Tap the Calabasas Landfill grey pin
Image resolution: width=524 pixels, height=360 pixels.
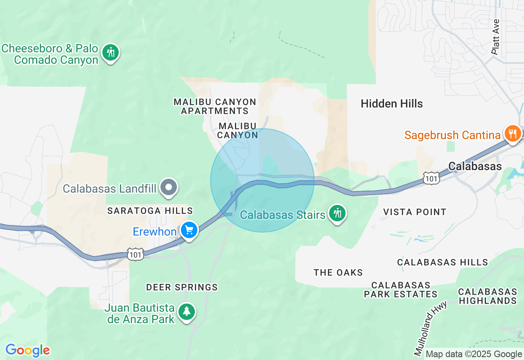pyautogui.click(x=169, y=188)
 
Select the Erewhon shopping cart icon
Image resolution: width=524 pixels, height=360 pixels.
pyautogui.click(x=189, y=230)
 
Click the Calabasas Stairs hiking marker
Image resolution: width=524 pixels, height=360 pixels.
pyautogui.click(x=337, y=213)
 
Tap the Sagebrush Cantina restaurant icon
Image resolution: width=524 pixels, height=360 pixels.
pyautogui.click(x=512, y=133)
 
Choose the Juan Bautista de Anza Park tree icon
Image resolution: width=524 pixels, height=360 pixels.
pyautogui.click(x=187, y=312)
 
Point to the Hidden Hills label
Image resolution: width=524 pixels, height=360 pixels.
pyautogui.click(x=392, y=104)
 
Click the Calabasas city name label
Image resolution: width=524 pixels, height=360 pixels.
pyautogui.click(x=475, y=166)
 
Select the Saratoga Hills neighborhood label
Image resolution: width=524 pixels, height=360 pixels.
pyautogui.click(x=150, y=211)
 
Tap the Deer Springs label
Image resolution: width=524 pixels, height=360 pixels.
pyautogui.click(x=182, y=287)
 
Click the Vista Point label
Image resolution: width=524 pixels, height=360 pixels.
pyautogui.click(x=415, y=212)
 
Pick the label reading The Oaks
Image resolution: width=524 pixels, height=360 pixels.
pyautogui.click(x=338, y=272)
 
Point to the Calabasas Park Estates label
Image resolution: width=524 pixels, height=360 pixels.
pyautogui.click(x=401, y=290)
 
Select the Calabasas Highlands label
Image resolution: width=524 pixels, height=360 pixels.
pyautogui.click(x=487, y=296)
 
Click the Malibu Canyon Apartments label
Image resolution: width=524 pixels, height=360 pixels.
pyautogui.click(x=215, y=106)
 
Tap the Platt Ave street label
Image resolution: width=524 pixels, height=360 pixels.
pyautogui.click(x=496, y=37)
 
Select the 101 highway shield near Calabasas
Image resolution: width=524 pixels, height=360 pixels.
pyautogui.click(x=431, y=178)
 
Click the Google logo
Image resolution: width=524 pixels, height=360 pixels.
pyautogui.click(x=27, y=351)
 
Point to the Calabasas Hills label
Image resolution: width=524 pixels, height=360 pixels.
pyautogui.click(x=443, y=262)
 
